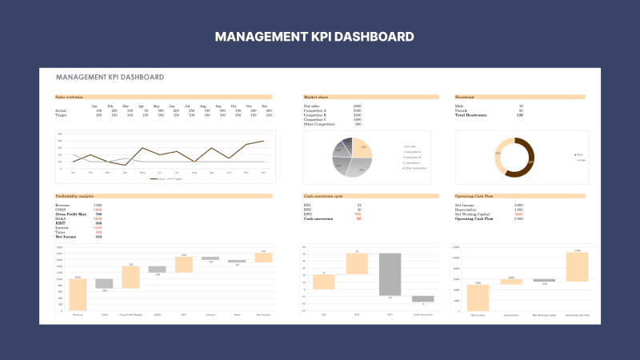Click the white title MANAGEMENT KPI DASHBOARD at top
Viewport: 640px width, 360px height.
(319, 37)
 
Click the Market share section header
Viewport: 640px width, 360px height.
(317, 97)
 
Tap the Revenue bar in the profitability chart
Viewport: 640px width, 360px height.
(78, 294)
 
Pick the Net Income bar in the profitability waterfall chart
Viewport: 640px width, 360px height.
(263, 257)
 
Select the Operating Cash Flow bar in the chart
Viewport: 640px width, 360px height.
(577, 266)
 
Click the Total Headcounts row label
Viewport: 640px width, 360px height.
(471, 115)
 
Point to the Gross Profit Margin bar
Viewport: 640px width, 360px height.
(130, 277)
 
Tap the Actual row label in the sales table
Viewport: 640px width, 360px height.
(61, 110)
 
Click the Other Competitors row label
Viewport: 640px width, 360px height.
(321, 124)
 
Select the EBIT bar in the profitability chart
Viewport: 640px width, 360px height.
(184, 264)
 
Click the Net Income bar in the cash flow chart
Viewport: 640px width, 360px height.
(478, 297)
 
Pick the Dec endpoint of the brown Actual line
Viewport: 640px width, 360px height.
(263, 141)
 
